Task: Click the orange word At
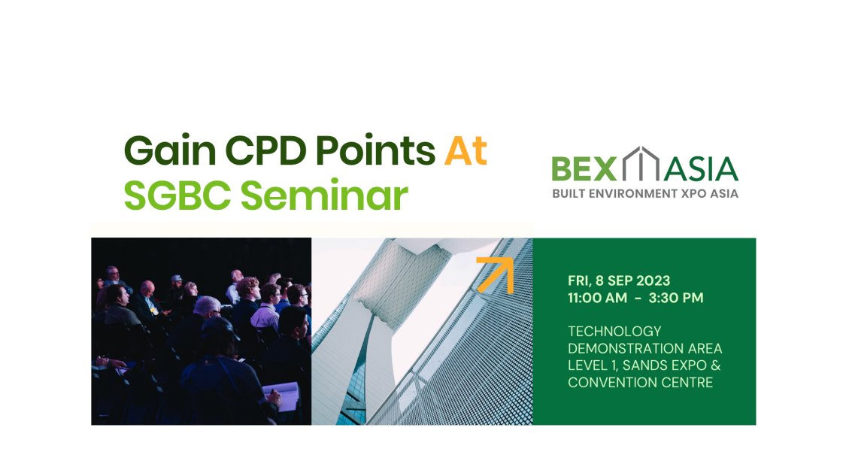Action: [x=465, y=151]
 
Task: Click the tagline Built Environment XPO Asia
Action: [x=644, y=193]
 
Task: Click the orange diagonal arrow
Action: [x=495, y=274]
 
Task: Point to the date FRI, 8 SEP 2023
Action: [x=618, y=281]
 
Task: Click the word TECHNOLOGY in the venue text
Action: [x=614, y=332]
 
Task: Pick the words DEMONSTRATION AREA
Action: [x=644, y=349]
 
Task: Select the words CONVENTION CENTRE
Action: [x=640, y=383]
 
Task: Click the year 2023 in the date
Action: [x=653, y=281]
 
